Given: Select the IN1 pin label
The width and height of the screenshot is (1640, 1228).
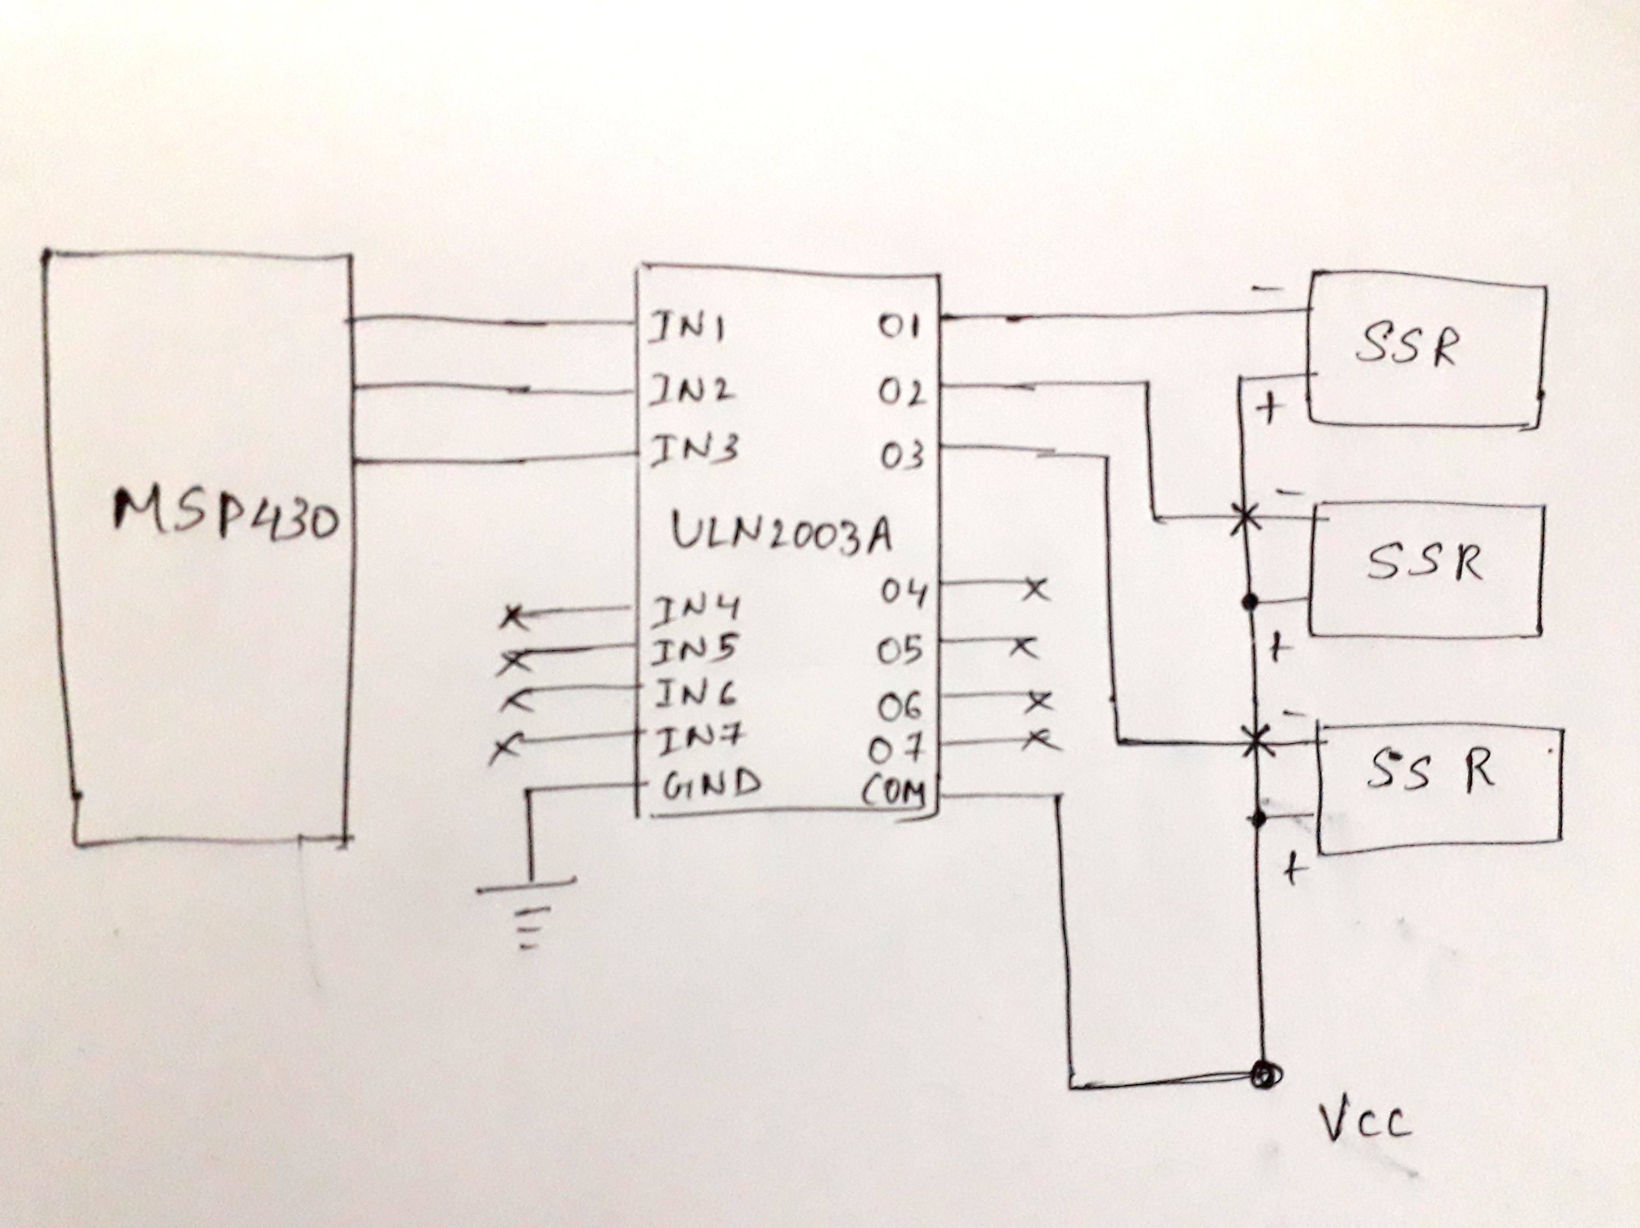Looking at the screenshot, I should tap(686, 331).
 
